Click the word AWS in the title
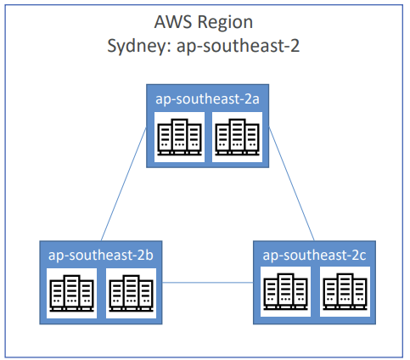point(172,22)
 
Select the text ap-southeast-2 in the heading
point(238,46)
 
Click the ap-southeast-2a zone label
point(207,99)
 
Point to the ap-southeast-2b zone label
point(101,256)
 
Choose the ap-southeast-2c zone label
point(314,256)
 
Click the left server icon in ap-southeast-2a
point(179,137)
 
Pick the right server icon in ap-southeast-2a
point(237,137)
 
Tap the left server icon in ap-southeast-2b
point(71,293)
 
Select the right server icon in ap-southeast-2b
point(131,293)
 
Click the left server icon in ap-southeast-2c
point(285,291)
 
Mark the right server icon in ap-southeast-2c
point(345,291)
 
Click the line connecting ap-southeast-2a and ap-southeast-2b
point(124,184)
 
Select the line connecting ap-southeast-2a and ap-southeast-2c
point(291,184)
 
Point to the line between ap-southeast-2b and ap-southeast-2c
point(208,283)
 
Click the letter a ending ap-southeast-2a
point(256,99)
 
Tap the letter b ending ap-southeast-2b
point(149,255)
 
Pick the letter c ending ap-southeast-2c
point(363,256)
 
